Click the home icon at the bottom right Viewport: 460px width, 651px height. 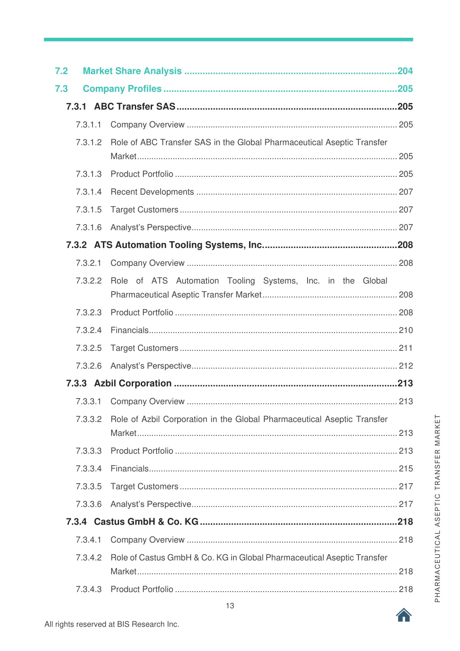coord(404,615)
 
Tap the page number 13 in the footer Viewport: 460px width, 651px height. coord(230,606)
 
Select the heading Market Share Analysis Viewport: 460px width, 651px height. coord(132,71)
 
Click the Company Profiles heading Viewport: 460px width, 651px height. coord(122,89)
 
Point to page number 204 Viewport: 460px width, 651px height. coord(405,71)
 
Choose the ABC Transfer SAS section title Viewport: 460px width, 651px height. coord(134,107)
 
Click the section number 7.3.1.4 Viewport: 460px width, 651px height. coord(89,192)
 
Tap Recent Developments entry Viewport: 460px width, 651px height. coord(152,192)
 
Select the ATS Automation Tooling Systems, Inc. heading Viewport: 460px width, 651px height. coord(178,245)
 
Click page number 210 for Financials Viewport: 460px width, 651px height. coord(406,330)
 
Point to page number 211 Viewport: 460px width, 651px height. coord(406,348)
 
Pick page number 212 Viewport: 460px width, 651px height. coord(406,366)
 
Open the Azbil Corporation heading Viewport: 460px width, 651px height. coord(133,384)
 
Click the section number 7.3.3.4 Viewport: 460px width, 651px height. coord(89,469)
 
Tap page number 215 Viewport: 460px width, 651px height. coord(406,469)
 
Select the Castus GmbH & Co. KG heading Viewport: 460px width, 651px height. coord(146,522)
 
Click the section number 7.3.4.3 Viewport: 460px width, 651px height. coord(89,589)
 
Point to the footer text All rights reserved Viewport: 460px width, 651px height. coord(112,624)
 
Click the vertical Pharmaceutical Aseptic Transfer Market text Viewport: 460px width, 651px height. coord(438,508)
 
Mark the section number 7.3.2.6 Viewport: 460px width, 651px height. coord(89,366)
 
